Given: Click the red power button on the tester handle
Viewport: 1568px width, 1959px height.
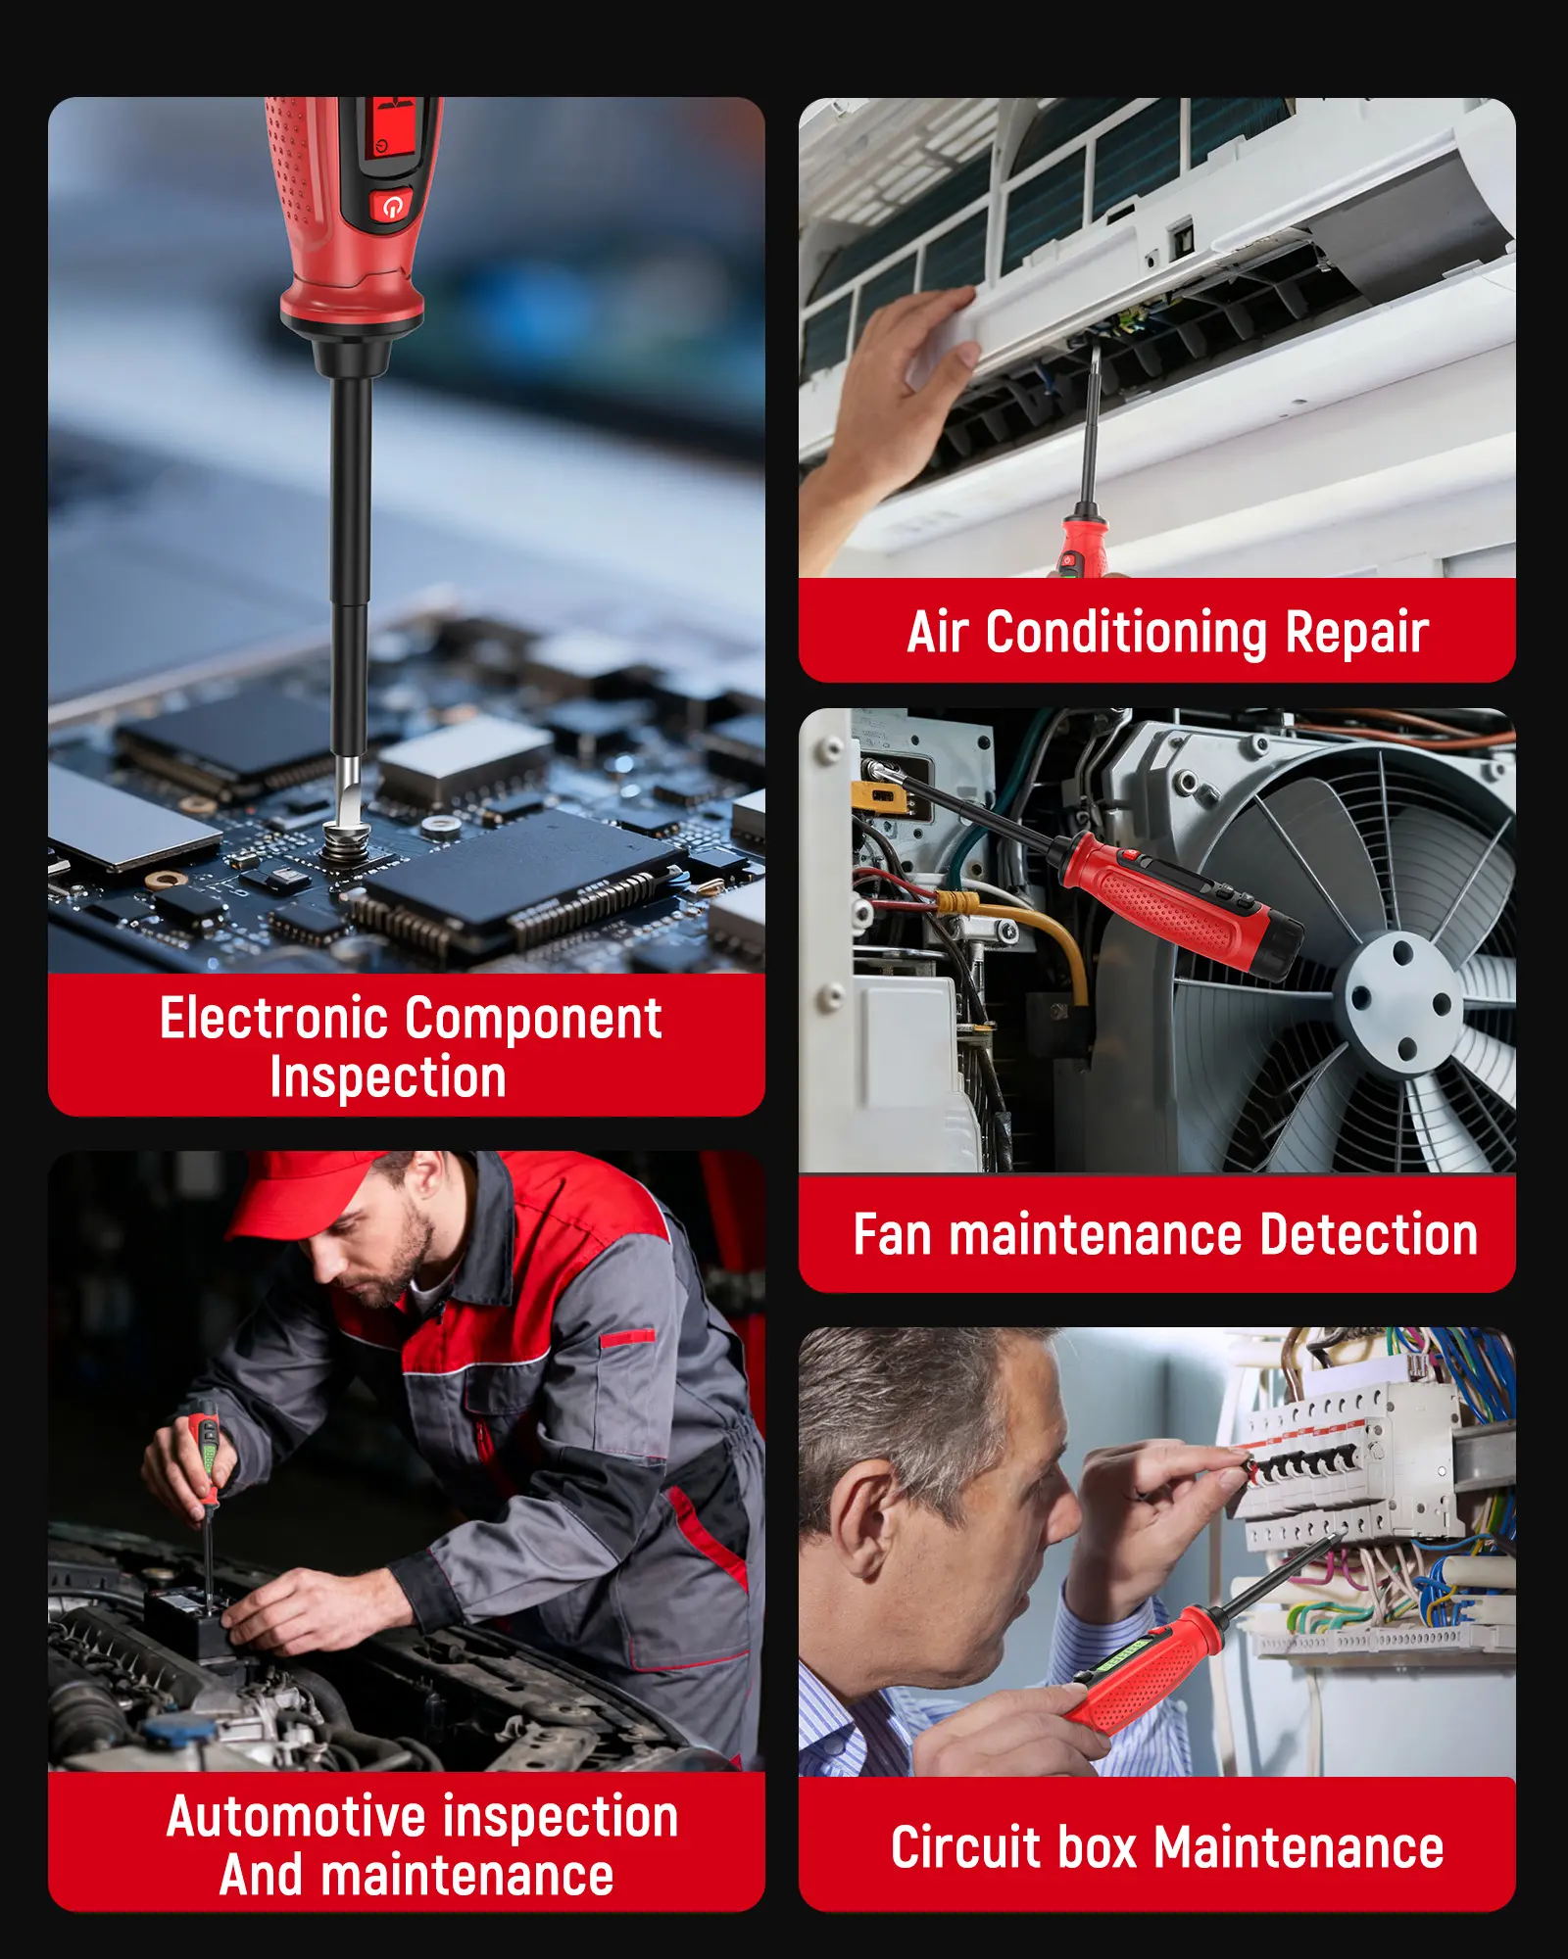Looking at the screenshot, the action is pyautogui.click(x=392, y=207).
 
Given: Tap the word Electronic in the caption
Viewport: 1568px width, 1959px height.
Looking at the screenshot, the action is pyautogui.click(x=275, y=1018).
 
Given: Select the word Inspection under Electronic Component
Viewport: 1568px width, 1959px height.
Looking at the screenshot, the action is pyautogui.click(x=388, y=1077).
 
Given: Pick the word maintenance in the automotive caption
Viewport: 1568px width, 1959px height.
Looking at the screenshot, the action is pyautogui.click(x=467, y=1876).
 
